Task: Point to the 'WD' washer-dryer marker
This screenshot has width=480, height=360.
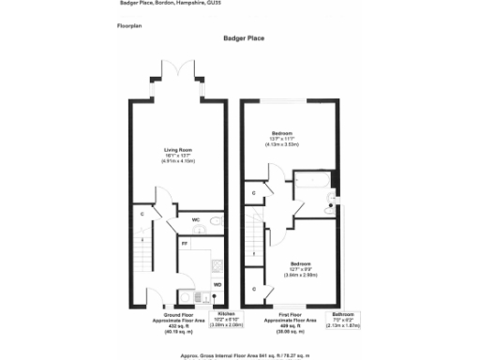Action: (217, 284)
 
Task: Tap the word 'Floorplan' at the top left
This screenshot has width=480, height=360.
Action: (130, 26)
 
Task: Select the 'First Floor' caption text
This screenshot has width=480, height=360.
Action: (292, 316)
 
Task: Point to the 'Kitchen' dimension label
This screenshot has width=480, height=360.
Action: (226, 316)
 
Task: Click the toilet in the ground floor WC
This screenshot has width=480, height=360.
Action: (216, 222)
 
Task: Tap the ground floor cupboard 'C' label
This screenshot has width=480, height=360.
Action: (142, 214)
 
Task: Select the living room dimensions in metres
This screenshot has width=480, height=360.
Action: (177, 161)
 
